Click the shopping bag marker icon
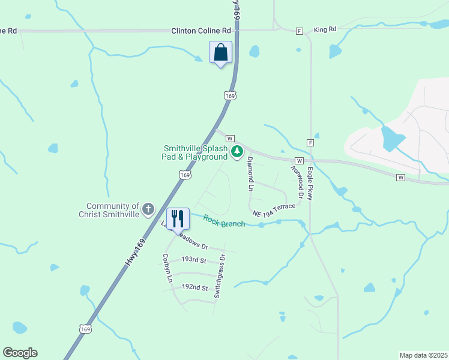click(x=220, y=52)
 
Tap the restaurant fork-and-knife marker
click(x=178, y=218)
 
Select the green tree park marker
click(x=237, y=151)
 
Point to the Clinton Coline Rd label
click(x=201, y=30)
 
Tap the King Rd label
click(x=325, y=29)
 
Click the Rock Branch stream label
click(x=224, y=221)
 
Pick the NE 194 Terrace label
click(x=274, y=210)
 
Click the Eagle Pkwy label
click(x=311, y=180)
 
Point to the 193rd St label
click(x=194, y=260)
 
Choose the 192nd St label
click(x=195, y=287)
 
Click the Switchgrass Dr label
click(x=219, y=277)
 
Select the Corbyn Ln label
click(x=167, y=268)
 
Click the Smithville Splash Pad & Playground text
click(x=196, y=152)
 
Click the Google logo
click(x=20, y=353)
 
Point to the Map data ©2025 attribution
click(x=423, y=355)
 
